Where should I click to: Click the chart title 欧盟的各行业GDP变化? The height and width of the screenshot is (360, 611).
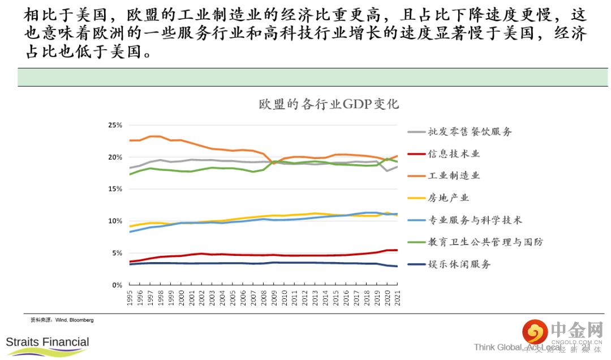pos(329,105)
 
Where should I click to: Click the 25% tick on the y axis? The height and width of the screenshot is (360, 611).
pos(115,125)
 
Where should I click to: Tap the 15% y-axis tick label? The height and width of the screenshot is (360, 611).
pos(115,189)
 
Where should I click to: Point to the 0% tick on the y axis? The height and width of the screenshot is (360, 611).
pos(117,285)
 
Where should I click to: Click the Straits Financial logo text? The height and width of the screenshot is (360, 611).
pos(48,342)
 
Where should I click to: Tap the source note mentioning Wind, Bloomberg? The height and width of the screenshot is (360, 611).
pos(62,320)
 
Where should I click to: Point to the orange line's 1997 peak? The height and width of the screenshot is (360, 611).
pos(152,136)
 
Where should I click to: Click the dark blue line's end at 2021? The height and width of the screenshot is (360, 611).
pos(397,266)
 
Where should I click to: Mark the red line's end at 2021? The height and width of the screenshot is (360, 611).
pos(397,250)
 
